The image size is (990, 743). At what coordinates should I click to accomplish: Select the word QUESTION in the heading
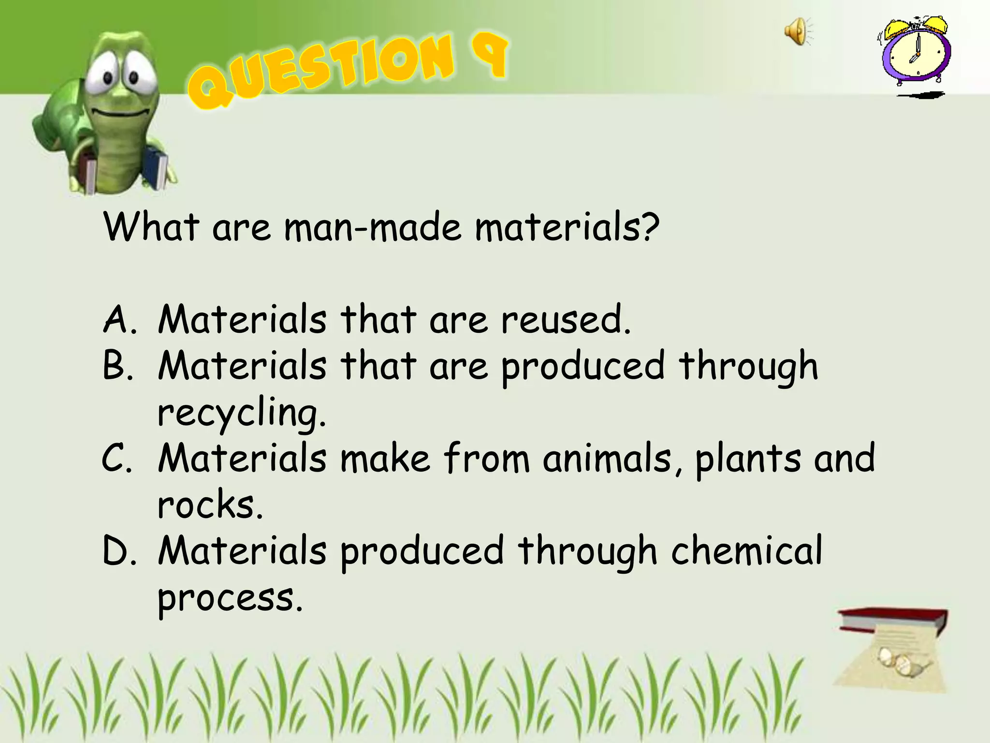click(x=321, y=70)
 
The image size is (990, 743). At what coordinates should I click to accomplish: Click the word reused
click(x=566, y=320)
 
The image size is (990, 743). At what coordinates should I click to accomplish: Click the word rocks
click(x=210, y=505)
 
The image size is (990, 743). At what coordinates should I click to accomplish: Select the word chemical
click(x=746, y=551)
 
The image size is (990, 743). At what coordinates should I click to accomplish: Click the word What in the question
click(x=151, y=227)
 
